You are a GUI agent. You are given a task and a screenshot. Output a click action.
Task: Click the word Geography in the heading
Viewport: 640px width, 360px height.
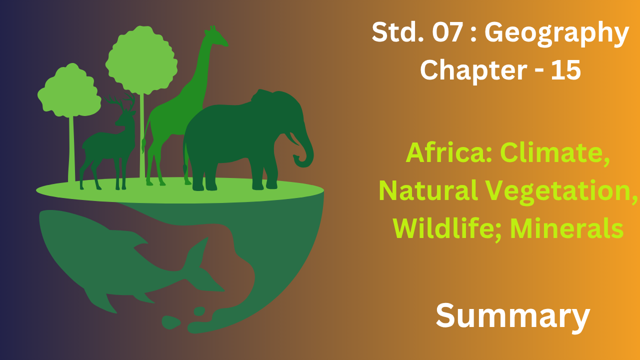[556, 33]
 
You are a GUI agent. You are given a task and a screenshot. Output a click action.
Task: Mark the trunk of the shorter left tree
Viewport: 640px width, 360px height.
[71, 148]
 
